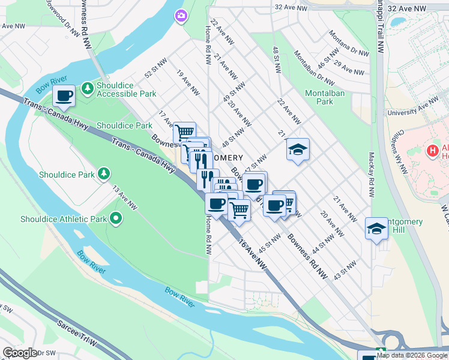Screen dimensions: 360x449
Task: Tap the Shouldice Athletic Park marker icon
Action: coord(116,219)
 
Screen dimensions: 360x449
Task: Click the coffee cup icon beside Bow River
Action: coord(64,95)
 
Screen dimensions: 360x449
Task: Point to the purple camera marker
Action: coord(180,17)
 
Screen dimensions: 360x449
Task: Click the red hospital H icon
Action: coord(432,151)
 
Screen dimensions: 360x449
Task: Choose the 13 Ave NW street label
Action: coord(125,198)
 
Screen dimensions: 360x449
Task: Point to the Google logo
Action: coord(20,353)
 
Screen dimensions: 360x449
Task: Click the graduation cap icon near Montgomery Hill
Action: coord(376,229)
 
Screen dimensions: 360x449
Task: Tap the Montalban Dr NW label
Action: coord(313,65)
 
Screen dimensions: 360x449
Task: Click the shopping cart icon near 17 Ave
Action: coord(184,131)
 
